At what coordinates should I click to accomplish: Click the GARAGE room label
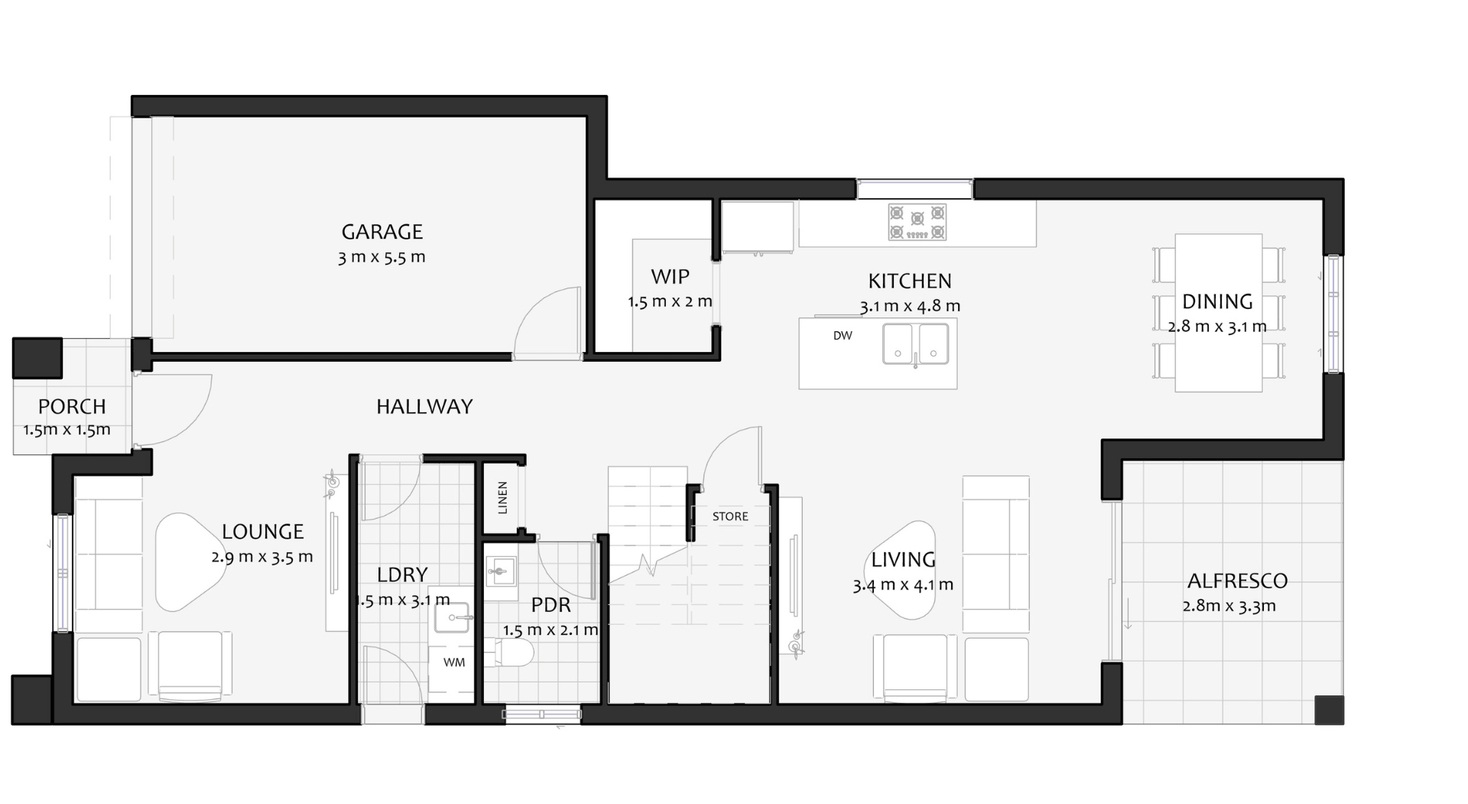(382, 231)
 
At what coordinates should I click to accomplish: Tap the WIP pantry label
(670, 276)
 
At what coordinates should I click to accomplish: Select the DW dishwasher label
(843, 336)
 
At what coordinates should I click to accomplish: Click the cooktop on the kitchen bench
(917, 222)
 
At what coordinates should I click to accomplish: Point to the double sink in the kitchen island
(915, 343)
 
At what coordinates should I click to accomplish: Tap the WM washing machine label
(454, 662)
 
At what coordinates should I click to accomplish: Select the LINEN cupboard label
(502, 497)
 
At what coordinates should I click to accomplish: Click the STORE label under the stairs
(730, 516)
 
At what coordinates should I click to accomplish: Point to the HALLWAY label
(424, 406)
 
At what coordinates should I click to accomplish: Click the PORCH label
(72, 406)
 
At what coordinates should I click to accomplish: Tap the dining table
(1218, 313)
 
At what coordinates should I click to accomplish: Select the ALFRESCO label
(1237, 581)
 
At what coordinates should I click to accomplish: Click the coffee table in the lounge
(192, 562)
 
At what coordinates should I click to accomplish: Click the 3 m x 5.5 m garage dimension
(382, 257)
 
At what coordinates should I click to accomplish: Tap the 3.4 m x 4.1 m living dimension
(903, 585)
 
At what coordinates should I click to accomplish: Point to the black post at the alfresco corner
(1329, 710)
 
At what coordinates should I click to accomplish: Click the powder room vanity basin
(501, 571)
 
